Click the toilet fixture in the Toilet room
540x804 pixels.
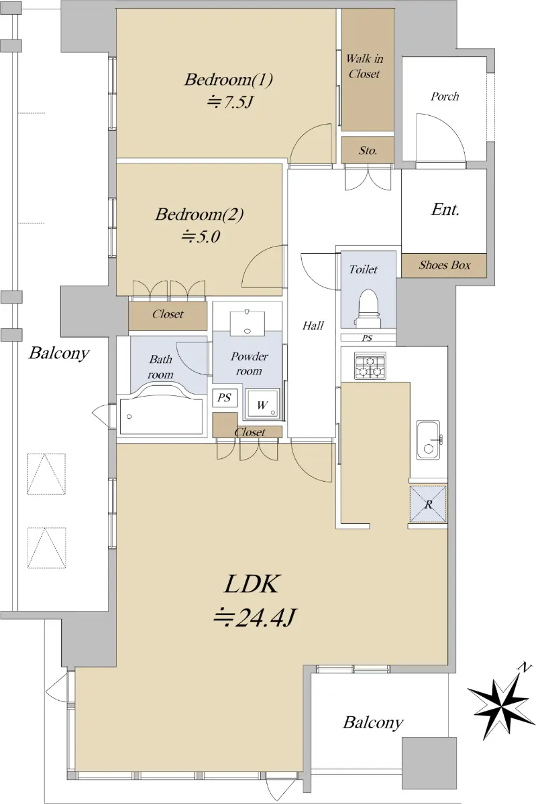click(368, 308)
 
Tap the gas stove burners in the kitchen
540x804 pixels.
click(370, 366)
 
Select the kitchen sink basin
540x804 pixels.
click(428, 440)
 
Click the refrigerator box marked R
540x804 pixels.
click(428, 503)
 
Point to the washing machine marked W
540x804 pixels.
click(262, 404)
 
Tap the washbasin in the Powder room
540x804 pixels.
click(247, 324)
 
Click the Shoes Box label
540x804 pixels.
click(445, 265)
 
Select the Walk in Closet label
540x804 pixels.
click(364, 66)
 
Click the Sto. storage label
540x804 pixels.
click(368, 150)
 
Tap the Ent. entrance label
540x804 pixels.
click(445, 209)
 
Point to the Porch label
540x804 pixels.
click(445, 96)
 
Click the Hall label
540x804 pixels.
click(313, 326)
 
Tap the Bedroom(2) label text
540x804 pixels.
click(199, 214)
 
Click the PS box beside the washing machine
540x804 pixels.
click(225, 398)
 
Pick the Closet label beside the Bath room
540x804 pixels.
click(168, 314)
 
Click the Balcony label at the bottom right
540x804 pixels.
click(373, 723)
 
